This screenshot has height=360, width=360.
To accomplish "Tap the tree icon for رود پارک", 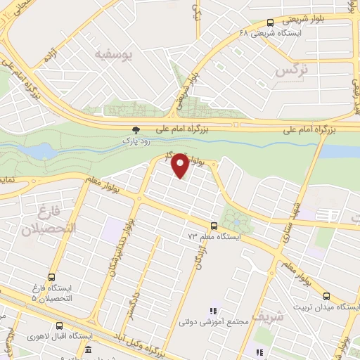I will point(136,130).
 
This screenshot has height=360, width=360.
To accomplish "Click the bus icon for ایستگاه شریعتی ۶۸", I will point(271,22).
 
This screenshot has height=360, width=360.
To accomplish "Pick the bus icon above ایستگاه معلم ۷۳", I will point(214,226).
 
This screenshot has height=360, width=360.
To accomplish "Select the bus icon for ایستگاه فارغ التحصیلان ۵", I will point(51,276).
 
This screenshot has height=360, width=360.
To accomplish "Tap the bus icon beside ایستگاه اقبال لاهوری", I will point(60,326).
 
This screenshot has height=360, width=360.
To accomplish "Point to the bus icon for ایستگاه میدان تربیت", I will point(326,296).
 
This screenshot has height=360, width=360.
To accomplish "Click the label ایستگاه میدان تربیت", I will point(330,307).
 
